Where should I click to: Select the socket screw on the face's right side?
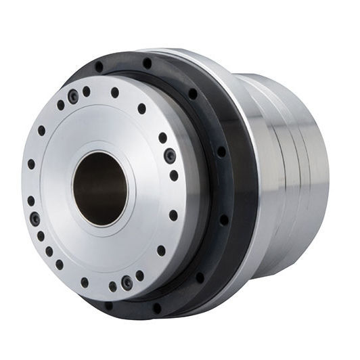click(x=171, y=155)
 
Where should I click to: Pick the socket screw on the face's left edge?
click(x=35, y=219)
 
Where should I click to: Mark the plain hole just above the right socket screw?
click(x=162, y=137)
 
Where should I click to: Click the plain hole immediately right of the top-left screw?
click(x=87, y=91)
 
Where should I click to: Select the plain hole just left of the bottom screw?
click(x=113, y=286)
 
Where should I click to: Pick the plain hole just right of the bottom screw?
click(x=140, y=275)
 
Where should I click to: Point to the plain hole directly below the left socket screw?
click(x=41, y=236)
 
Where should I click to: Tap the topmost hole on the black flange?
click(x=148, y=63)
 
